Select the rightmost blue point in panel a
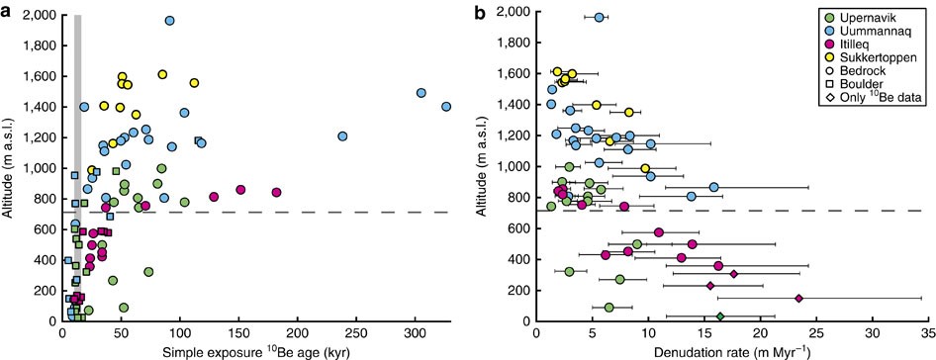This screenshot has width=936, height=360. (446, 106)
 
